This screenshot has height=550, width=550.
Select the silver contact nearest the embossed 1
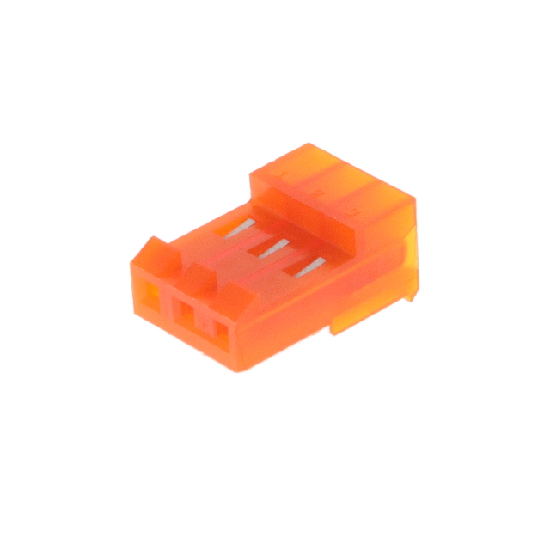(246, 228)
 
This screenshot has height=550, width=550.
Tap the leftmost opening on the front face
(149, 297)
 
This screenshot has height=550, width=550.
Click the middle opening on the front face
(183, 318)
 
